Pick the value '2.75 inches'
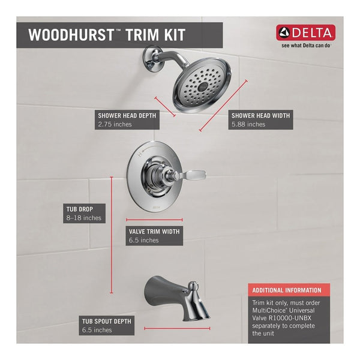(x=114, y=124)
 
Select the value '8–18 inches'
(x=83, y=218)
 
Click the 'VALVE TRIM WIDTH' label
(x=154, y=230)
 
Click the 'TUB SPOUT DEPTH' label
(x=107, y=321)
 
